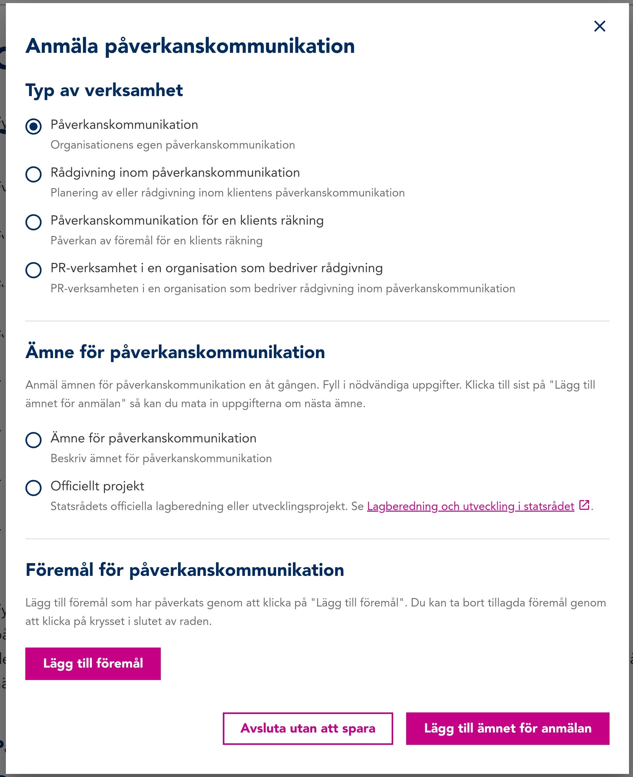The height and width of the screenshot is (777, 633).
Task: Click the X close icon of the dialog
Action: [x=599, y=26]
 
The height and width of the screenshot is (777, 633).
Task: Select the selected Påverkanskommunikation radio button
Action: [x=34, y=127]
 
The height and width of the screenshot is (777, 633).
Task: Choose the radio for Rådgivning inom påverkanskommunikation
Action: [x=34, y=174]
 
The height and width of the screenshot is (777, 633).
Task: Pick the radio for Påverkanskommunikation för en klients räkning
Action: [x=34, y=222]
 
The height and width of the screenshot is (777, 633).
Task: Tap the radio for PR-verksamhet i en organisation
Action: [x=34, y=270]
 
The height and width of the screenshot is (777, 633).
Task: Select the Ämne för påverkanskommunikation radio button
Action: [x=34, y=440]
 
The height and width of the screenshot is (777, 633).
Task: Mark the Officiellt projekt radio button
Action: [x=34, y=488]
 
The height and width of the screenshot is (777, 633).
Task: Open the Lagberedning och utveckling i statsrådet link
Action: [x=470, y=506]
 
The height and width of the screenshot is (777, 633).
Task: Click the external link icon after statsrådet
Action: [x=584, y=505]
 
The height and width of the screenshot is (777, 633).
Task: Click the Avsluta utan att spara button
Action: [x=308, y=728]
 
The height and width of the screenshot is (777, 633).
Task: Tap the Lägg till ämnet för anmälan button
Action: [x=508, y=728]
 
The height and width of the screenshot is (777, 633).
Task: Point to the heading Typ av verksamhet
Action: [x=104, y=90]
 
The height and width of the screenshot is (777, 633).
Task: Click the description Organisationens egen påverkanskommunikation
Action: [x=173, y=145]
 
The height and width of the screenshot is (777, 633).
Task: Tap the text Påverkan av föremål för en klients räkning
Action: [x=156, y=240]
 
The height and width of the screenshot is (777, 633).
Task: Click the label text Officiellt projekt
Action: [x=97, y=486]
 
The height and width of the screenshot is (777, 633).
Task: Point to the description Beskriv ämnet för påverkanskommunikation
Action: [x=161, y=458]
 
